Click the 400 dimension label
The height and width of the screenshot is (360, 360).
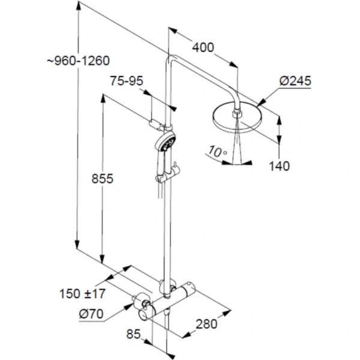[203, 47]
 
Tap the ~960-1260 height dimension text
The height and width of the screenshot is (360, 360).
[79, 61]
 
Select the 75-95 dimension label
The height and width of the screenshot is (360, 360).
[127, 81]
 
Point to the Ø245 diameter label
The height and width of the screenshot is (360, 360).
[295, 81]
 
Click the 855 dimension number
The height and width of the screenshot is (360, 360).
[103, 178]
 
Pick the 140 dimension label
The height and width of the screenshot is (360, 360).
[279, 166]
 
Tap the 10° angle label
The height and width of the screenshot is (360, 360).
[217, 152]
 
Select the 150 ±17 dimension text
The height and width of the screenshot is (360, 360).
[82, 293]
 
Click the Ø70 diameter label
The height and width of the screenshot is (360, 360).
[91, 314]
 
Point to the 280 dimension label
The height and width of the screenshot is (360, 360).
[206, 324]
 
